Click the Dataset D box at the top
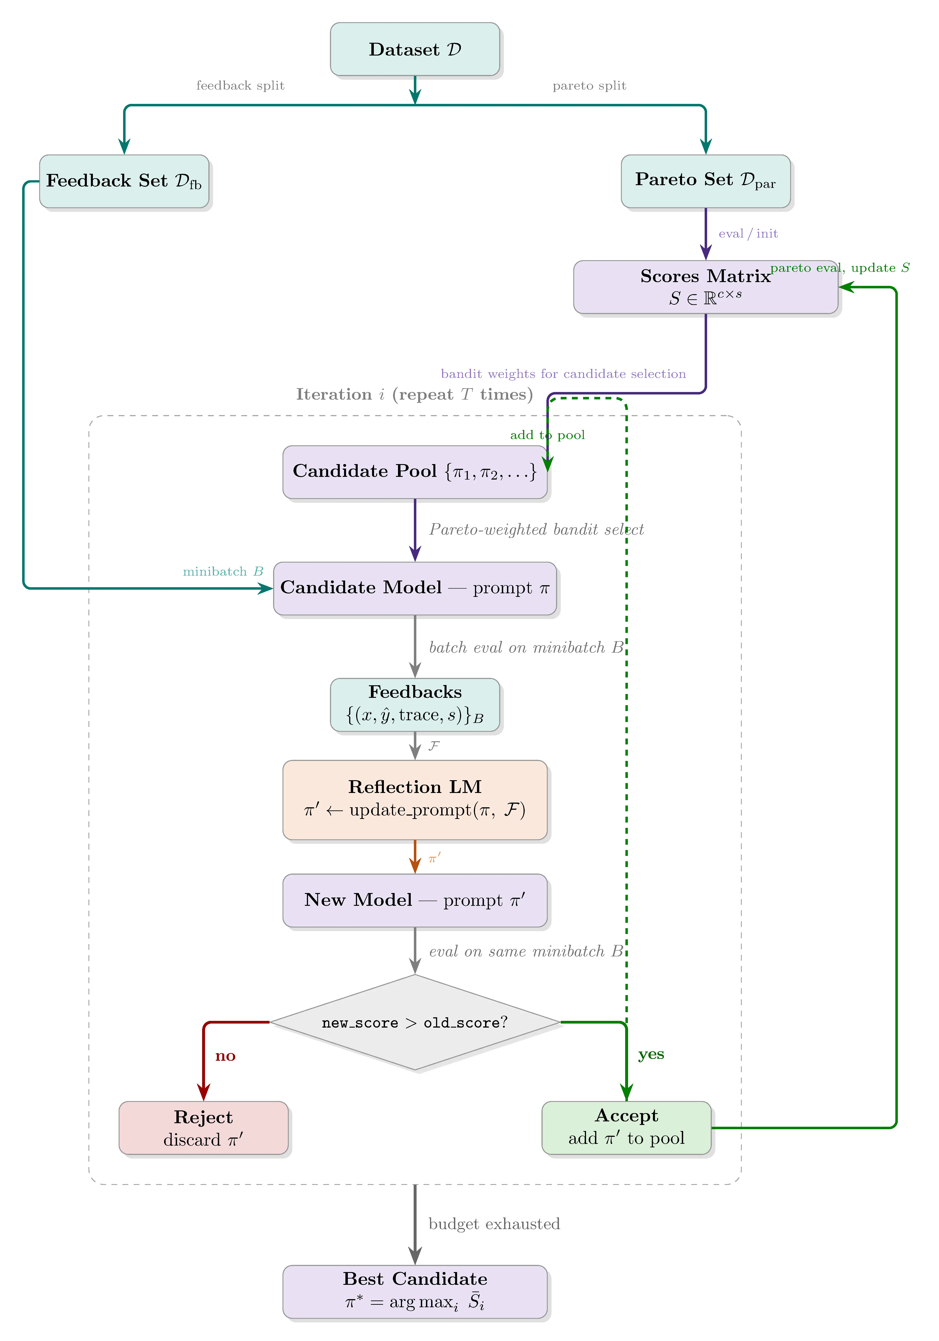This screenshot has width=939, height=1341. (415, 49)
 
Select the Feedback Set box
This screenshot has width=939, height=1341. (124, 181)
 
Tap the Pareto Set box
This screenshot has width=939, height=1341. (705, 181)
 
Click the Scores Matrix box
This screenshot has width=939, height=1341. (705, 287)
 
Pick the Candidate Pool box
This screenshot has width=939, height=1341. (415, 472)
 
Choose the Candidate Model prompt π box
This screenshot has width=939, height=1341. (415, 588)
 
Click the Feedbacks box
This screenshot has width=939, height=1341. (415, 704)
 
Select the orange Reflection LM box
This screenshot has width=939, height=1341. (415, 800)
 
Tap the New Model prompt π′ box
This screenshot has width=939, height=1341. (415, 900)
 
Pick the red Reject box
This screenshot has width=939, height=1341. (203, 1128)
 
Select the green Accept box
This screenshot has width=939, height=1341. (626, 1128)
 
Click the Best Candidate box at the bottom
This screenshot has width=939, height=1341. (415, 1291)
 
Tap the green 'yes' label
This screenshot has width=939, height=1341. (650, 1054)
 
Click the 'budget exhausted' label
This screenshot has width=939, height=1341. (494, 1224)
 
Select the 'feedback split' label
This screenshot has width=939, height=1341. (240, 86)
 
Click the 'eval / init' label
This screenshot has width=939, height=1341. (748, 234)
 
